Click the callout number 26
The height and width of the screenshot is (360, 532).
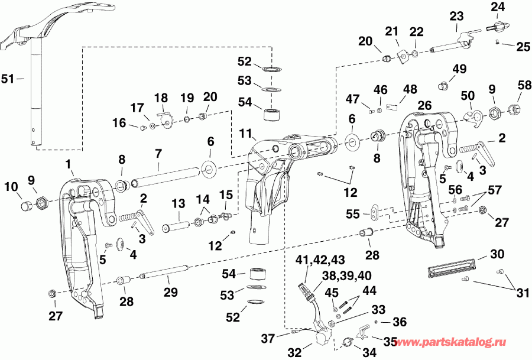pyautogui.click(x=424, y=105)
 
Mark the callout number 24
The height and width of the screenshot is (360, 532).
pyautogui.click(x=498, y=7)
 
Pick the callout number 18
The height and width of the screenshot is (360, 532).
pyautogui.click(x=161, y=98)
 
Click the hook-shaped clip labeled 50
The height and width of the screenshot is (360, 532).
pyautogui.click(x=472, y=116)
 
